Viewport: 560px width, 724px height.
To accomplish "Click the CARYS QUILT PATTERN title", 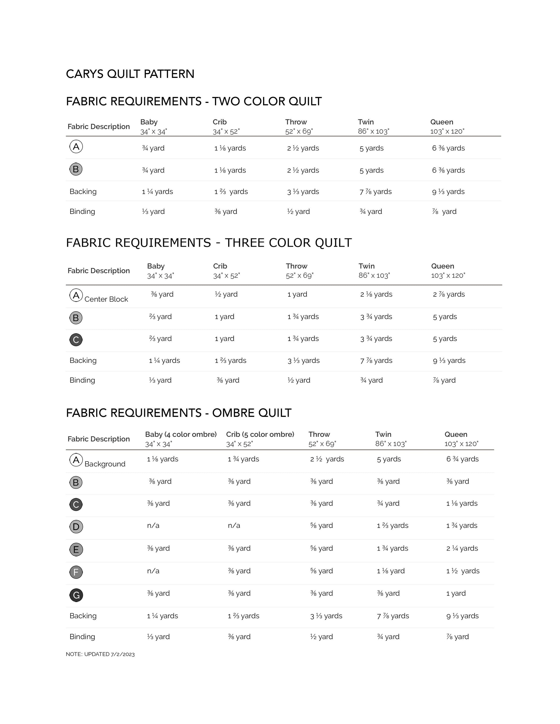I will tap(130, 74).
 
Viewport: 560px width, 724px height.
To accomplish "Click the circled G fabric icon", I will tap(76, 595).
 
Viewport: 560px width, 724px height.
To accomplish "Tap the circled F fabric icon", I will tap(76, 572).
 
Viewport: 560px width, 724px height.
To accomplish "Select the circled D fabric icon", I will tap(76, 527).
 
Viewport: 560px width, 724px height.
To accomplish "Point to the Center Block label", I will tap(106, 299).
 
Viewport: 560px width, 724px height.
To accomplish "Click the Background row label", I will tap(105, 464).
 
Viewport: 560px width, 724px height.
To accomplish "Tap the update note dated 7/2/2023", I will tap(100, 654).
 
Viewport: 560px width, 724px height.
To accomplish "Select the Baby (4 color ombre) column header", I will tap(181, 434).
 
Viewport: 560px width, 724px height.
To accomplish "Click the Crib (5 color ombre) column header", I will tap(260, 434).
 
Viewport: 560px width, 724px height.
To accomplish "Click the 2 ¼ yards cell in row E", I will tap(462, 548).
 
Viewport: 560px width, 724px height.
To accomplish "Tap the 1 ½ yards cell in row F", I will tap(463, 571).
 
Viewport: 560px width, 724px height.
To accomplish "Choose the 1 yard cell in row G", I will tap(456, 593).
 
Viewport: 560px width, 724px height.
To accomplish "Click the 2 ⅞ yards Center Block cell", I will tap(449, 294).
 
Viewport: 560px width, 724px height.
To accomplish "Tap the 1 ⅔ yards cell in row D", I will tap(393, 525).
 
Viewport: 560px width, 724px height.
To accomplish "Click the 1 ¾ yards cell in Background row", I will tap(243, 459).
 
